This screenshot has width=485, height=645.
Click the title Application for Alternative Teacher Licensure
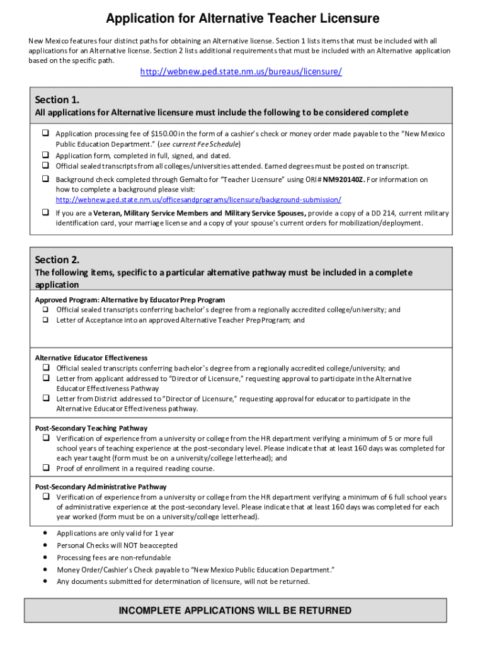tap(243, 19)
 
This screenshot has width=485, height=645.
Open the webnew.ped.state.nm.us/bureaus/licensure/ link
tap(241, 72)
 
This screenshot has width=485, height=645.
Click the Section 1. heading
tap(57, 100)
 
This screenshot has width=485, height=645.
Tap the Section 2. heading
tap(57, 260)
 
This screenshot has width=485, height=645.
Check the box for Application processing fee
tap(46, 134)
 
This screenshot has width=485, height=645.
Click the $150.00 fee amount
tap(164, 134)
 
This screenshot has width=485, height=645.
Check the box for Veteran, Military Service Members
tap(46, 213)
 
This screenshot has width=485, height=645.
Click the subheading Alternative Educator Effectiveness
tap(91, 358)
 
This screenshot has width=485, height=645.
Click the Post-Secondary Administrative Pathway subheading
tap(101, 487)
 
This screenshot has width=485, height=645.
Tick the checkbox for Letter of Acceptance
tap(46, 320)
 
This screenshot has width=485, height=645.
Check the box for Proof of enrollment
tap(46, 468)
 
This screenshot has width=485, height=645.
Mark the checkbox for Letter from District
tap(46, 399)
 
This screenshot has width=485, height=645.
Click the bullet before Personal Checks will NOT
tap(45, 545)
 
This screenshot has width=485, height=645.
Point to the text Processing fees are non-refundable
tap(113, 557)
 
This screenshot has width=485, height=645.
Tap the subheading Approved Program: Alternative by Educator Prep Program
tap(130, 300)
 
